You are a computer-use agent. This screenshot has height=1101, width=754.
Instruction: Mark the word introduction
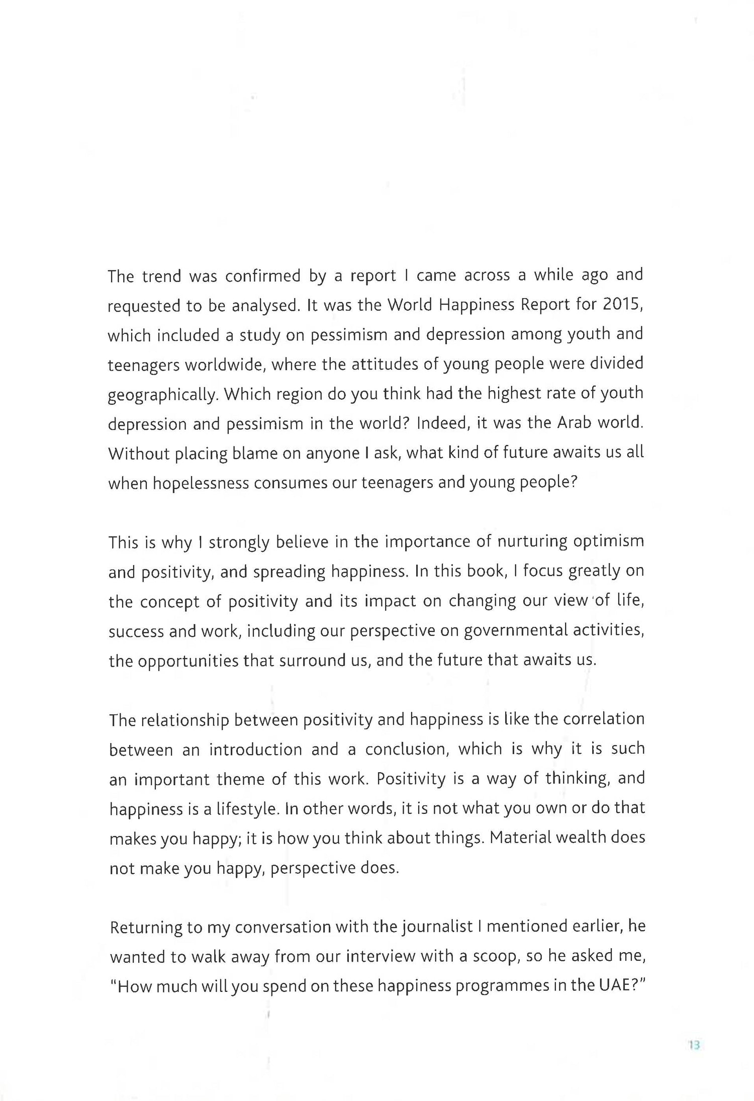255,750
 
